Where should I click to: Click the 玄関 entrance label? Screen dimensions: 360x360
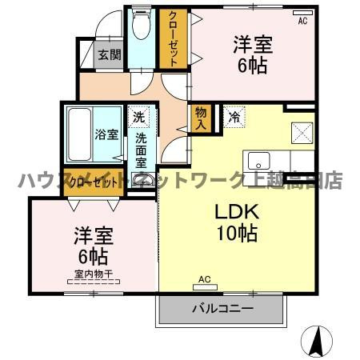pos(109,55)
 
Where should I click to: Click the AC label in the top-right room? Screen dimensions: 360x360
pos(302,22)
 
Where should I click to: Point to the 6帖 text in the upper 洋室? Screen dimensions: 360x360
pos(253,67)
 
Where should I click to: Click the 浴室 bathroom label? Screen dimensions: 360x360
pos(106,134)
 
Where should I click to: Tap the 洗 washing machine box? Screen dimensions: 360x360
pos(140,118)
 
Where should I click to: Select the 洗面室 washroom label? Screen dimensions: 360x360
pos(141,149)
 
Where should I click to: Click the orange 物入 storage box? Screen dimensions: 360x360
pos(200,119)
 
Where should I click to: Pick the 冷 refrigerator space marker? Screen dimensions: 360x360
pos(234,117)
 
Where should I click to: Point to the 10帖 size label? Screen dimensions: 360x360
pos(235,234)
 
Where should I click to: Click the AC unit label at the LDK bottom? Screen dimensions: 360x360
pos(204,279)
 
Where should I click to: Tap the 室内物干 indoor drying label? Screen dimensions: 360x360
pos(93,274)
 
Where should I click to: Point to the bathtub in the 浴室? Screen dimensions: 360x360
pos(79,134)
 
